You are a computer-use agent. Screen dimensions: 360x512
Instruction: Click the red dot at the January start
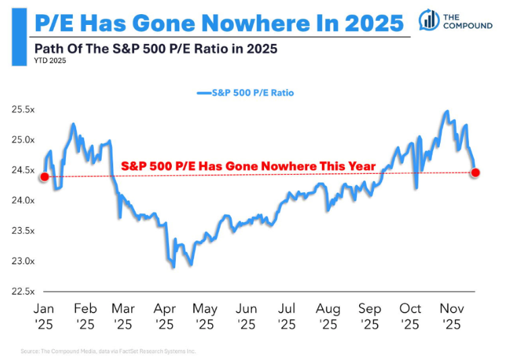click(x=44, y=177)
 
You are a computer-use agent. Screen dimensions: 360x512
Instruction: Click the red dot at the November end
click(x=476, y=173)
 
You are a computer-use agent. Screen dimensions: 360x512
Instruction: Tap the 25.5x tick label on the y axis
click(x=21, y=110)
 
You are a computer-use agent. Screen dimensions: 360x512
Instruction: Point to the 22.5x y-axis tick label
click(x=21, y=291)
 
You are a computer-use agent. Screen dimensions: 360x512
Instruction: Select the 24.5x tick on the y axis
click(x=21, y=171)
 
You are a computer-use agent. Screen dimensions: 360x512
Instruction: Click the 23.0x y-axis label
click(x=21, y=261)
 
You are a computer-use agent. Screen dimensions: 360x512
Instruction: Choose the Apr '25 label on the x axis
click(x=165, y=316)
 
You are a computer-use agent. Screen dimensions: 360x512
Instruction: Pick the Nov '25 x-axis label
click(x=451, y=316)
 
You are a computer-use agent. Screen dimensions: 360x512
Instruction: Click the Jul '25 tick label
click(x=288, y=316)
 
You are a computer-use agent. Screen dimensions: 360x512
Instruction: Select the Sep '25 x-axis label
click(x=369, y=316)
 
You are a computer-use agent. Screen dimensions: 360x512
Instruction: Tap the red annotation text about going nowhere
click(x=248, y=167)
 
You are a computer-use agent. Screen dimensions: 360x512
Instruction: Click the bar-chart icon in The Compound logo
click(x=426, y=20)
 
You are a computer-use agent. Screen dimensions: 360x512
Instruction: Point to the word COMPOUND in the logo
click(x=468, y=26)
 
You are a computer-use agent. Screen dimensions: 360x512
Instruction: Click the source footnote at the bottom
click(x=108, y=351)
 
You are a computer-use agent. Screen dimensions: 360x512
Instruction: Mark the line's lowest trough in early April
click(x=173, y=267)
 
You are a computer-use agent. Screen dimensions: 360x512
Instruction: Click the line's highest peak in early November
click(x=446, y=111)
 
